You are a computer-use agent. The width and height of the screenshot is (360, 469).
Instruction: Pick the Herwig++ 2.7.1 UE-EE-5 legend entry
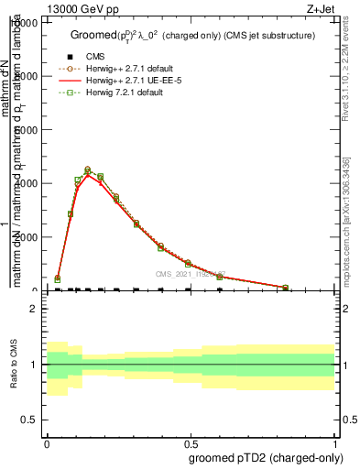point(134,81)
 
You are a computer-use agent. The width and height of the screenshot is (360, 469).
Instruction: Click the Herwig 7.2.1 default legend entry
point(127,93)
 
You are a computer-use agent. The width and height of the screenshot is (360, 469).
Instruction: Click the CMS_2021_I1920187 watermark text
point(190,274)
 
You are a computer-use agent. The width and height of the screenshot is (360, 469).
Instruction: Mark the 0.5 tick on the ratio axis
point(30,419)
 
